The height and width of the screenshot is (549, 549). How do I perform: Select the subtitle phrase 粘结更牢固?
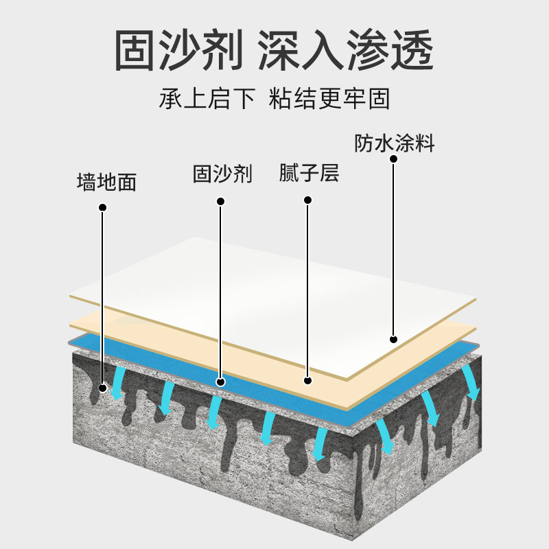[x=329, y=99]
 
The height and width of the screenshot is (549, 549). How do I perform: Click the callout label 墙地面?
[x=106, y=182]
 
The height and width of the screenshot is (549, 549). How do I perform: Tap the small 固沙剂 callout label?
[x=222, y=174]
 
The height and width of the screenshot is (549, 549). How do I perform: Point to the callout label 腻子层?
[x=309, y=172]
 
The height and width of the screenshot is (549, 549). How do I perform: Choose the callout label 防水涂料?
[x=395, y=143]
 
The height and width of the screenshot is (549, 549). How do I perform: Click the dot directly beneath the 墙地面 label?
[x=102, y=207]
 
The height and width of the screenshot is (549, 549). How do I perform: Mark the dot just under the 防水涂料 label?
[x=394, y=159]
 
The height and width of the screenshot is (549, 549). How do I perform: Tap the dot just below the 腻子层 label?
[x=308, y=200]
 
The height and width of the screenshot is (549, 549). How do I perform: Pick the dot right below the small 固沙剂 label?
[x=220, y=201]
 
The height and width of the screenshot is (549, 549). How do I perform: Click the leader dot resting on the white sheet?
[x=394, y=338]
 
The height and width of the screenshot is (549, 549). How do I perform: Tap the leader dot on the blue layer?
[x=220, y=382]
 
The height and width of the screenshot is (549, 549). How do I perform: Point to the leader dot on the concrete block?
[x=102, y=388]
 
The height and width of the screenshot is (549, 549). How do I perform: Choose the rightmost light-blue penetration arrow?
[x=471, y=382]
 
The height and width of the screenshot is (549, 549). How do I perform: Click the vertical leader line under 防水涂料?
[x=394, y=247]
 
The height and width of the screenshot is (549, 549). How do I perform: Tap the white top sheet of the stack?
[x=274, y=288]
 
